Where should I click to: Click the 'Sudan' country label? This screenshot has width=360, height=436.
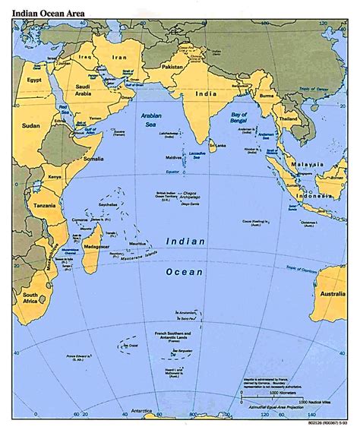coord(30,125)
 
